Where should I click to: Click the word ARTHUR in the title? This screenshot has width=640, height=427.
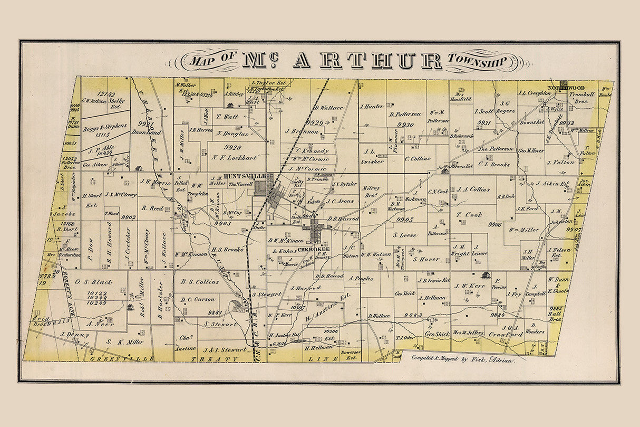[x=367, y=62]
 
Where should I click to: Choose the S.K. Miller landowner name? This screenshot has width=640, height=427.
[x=124, y=341]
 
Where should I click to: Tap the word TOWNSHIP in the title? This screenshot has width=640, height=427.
[x=477, y=62]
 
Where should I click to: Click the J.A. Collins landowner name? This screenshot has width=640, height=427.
[x=473, y=189]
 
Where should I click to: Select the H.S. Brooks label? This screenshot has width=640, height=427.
[x=228, y=249]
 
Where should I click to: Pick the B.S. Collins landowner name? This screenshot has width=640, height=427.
[x=200, y=282]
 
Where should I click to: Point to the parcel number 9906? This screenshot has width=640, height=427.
[x=494, y=224]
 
